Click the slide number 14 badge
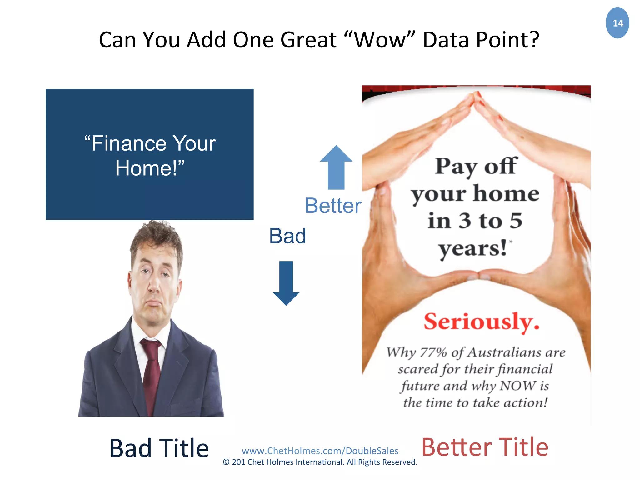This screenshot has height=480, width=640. [617, 23]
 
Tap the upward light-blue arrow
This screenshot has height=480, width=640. [336, 167]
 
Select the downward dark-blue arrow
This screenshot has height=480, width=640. [286, 283]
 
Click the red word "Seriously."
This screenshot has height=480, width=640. [482, 322]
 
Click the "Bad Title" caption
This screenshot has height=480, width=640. [159, 448]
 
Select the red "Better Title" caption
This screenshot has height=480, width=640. [485, 447]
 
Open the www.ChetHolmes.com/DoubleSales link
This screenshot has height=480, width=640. [320, 451]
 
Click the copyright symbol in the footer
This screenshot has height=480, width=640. [226, 462]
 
